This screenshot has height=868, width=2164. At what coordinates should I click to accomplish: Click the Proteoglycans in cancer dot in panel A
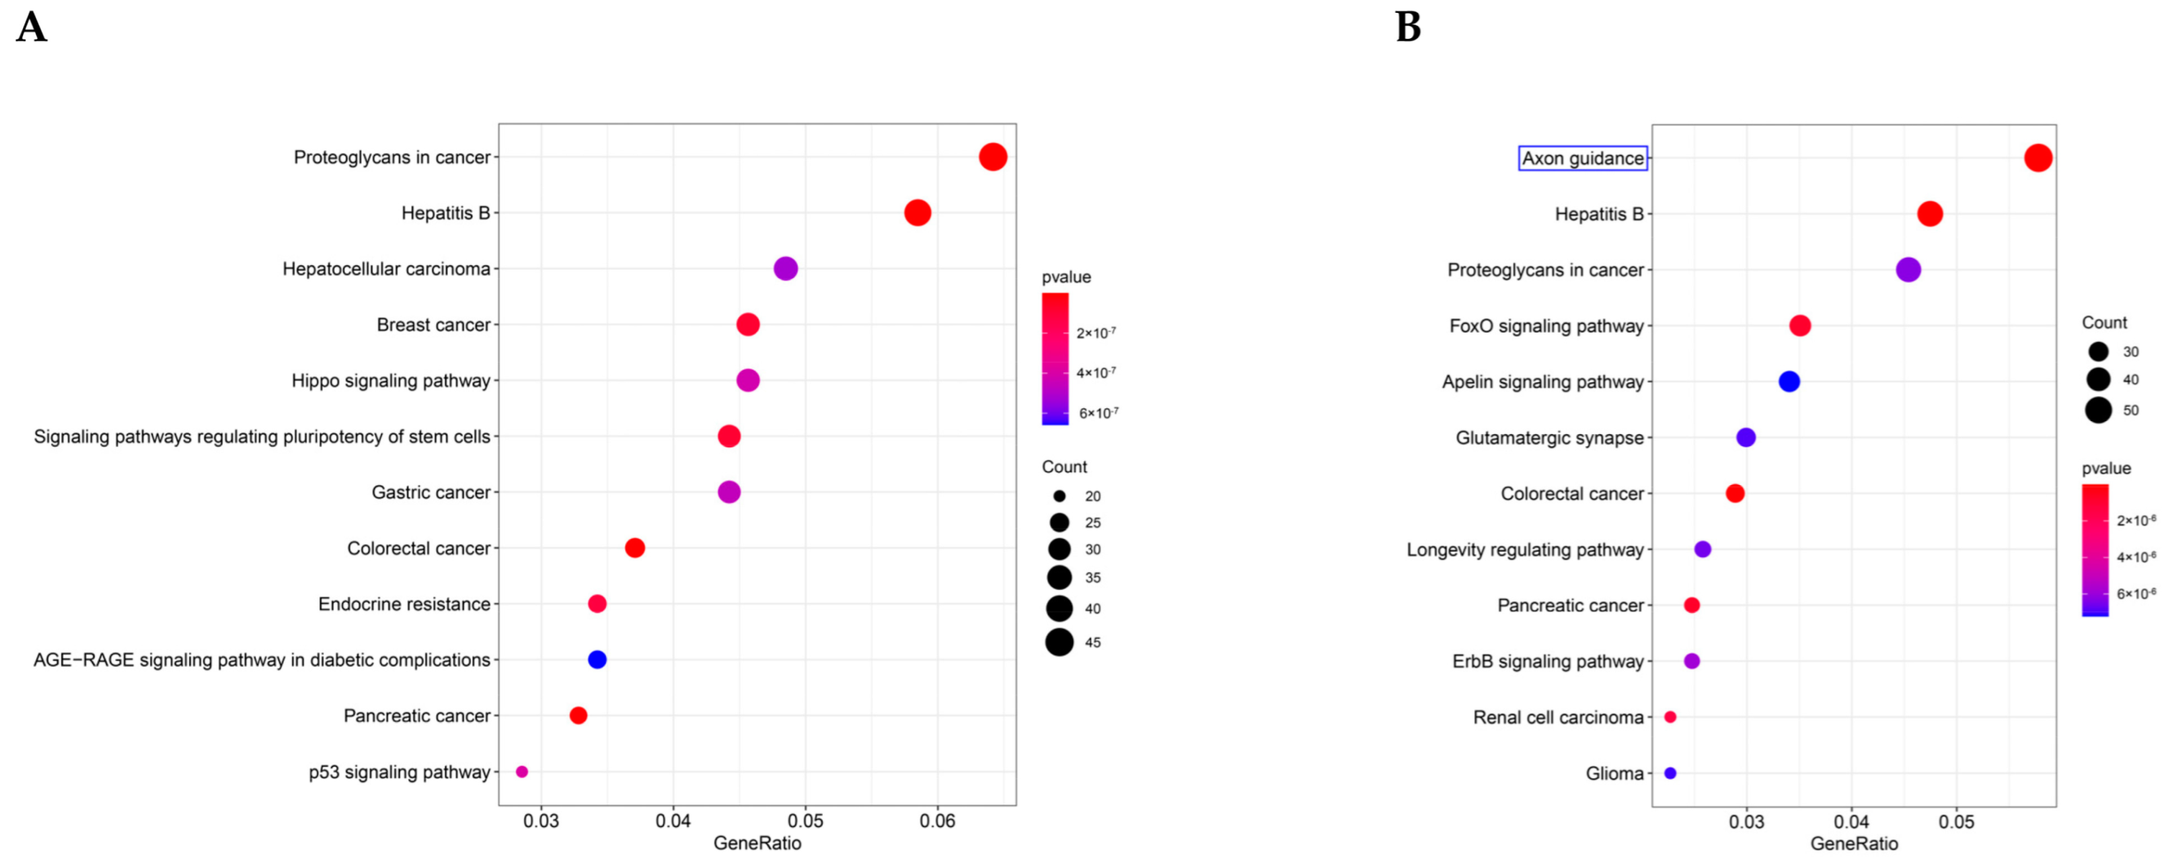click(992, 157)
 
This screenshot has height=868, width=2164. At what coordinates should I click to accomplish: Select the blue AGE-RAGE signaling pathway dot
click(597, 659)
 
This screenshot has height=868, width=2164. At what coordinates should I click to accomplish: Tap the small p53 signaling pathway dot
click(522, 771)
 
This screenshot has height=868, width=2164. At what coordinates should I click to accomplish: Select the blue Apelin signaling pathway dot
click(1789, 382)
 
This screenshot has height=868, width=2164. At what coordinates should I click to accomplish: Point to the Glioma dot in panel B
click(1670, 773)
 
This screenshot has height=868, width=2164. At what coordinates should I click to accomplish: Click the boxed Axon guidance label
click(1583, 158)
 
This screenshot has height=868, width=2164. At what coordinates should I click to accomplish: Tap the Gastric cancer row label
click(431, 493)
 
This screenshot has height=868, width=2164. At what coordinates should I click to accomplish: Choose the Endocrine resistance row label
click(404, 604)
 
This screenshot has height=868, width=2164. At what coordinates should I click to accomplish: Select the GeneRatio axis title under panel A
click(757, 844)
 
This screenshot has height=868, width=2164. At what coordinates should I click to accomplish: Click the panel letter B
click(1408, 27)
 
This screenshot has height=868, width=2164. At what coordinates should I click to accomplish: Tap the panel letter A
click(31, 27)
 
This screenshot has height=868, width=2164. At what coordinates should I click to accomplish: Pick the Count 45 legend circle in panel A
click(1059, 642)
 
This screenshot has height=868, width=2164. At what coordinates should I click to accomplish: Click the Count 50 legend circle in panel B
click(2097, 410)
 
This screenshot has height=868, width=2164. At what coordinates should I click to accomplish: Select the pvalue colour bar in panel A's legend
click(1055, 359)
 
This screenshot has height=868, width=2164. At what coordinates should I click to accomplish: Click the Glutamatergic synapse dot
click(1746, 437)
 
